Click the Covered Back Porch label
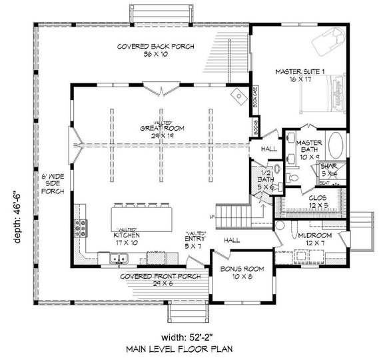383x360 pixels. click(145, 51)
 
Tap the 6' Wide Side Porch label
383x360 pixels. click(53, 184)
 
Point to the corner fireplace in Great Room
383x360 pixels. click(236, 95)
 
